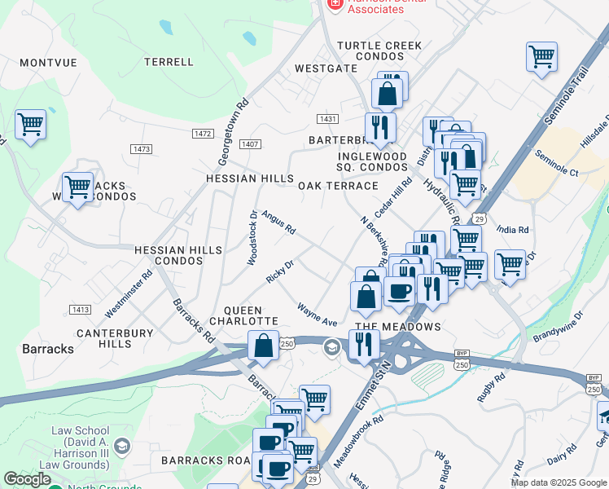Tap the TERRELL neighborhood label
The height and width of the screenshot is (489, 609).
tap(169, 62)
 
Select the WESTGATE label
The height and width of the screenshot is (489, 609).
tap(326, 69)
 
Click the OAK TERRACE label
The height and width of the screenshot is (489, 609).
tap(338, 186)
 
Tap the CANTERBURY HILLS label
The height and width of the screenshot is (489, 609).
tap(114, 338)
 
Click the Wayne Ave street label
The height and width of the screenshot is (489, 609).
tap(317, 315)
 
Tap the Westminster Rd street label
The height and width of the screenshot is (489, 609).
tap(129, 294)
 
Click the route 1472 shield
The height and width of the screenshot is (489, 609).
tap(203, 133)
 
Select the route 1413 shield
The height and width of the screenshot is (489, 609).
tap(81, 310)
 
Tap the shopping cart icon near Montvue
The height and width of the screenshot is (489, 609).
tap(30, 125)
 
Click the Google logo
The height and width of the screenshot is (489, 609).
tap(27, 479)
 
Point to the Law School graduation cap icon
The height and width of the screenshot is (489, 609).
tap(121, 446)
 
